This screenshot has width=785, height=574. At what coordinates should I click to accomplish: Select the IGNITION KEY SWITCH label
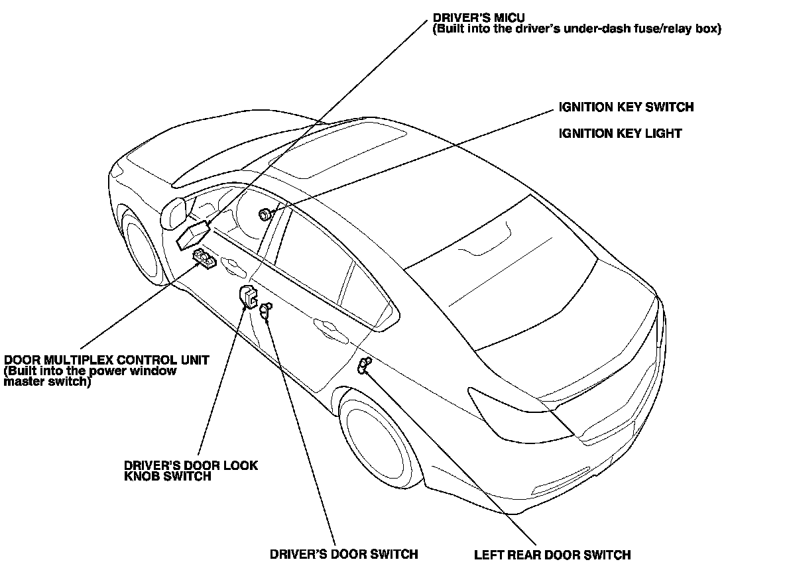point(626,107)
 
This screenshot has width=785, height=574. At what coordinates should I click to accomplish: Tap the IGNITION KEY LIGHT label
point(620,133)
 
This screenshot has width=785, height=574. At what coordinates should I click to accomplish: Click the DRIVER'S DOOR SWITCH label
point(344,554)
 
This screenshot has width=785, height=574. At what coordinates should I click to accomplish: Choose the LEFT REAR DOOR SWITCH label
point(552,555)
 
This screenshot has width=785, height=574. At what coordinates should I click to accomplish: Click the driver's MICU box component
point(193,235)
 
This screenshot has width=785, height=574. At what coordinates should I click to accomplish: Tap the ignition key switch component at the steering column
point(266,213)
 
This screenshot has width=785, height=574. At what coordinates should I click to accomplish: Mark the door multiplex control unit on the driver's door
point(204,258)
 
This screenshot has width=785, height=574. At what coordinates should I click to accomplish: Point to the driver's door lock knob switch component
point(247,296)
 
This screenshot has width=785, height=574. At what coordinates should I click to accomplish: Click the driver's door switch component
point(265,310)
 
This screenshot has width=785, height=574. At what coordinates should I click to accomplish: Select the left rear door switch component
point(364,365)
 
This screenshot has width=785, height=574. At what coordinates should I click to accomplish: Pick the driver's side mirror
point(174,211)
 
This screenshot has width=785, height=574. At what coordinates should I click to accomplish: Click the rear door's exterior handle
point(326,325)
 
